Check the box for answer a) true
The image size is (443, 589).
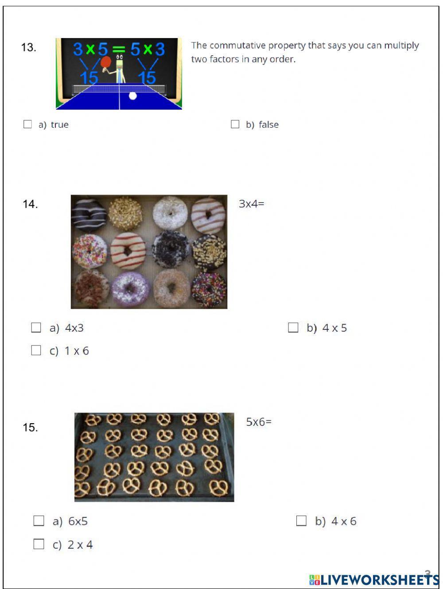[27, 124]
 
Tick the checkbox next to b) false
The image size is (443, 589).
[235, 124]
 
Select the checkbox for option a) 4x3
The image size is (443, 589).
[36, 328]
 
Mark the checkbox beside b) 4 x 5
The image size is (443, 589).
[293, 328]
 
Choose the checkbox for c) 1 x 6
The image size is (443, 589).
[36, 351]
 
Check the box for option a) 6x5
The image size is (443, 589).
[39, 521]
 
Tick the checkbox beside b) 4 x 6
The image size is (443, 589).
[301, 521]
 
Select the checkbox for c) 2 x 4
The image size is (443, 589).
[39, 544]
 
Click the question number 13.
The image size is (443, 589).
[28, 47]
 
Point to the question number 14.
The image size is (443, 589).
[30, 204]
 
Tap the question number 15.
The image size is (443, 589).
[30, 428]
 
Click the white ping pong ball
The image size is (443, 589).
[133, 96]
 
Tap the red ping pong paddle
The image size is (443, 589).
[105, 62]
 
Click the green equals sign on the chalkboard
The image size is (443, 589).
[119, 49]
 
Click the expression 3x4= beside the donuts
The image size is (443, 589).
[251, 204]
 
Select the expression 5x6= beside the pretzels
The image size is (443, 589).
[259, 422]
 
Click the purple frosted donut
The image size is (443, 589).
[130, 290]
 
